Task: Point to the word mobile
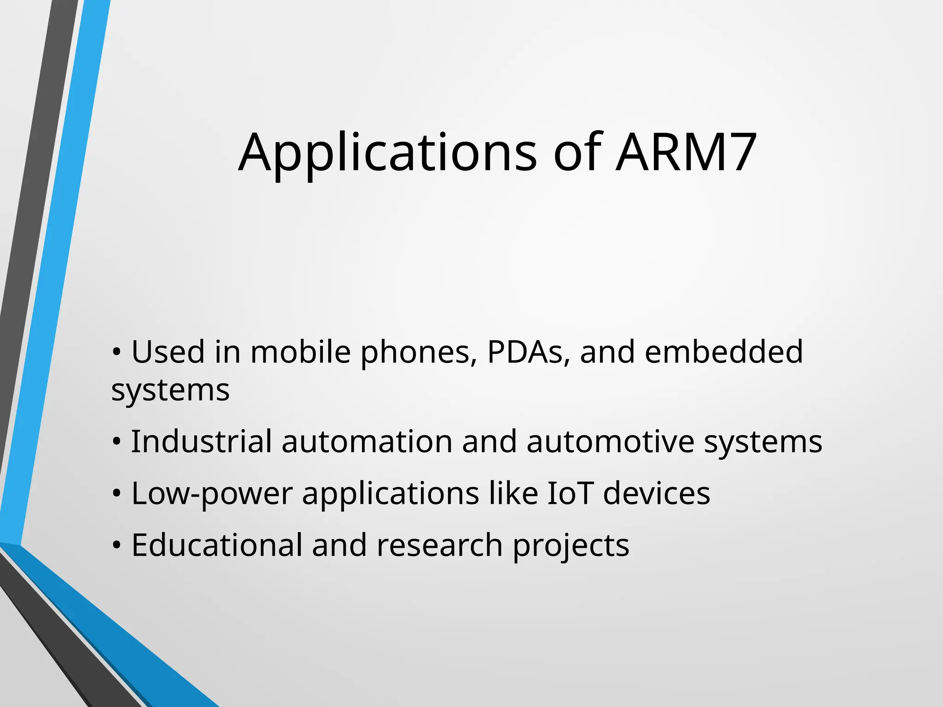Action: (x=301, y=352)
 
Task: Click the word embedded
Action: (x=724, y=352)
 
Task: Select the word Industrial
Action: (x=201, y=441)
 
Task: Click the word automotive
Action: (x=610, y=441)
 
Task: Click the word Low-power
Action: (x=212, y=494)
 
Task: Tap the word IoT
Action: (x=570, y=493)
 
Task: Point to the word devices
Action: (x=657, y=493)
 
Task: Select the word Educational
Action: (x=217, y=545)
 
